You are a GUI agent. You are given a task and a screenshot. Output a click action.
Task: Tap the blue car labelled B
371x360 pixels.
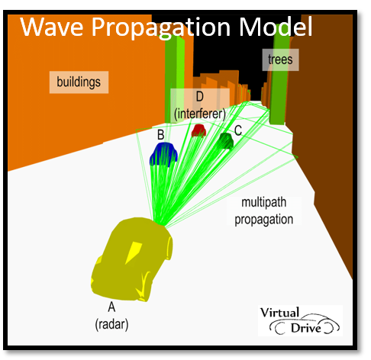click(x=163, y=154)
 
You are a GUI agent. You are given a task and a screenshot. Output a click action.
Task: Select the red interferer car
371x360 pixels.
click(x=198, y=130)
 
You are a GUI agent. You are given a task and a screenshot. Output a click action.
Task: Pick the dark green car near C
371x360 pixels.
click(x=226, y=140)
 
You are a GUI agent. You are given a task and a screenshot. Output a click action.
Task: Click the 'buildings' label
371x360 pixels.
click(x=79, y=82)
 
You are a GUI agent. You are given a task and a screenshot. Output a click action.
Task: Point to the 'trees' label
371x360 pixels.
click(x=280, y=59)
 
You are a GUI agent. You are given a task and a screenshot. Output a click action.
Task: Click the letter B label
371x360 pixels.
click(x=160, y=135)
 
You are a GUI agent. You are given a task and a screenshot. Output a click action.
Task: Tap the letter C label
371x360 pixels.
click(x=238, y=130)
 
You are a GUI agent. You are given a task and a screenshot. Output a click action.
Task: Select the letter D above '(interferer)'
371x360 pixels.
click(x=200, y=97)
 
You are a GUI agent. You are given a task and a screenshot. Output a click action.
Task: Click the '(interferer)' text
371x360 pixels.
click(x=200, y=114)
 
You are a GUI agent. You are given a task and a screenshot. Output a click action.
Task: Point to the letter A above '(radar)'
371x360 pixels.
click(x=111, y=307)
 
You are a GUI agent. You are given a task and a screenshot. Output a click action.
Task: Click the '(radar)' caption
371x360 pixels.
click(x=111, y=324)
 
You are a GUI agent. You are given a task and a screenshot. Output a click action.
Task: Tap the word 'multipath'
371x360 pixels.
click(x=264, y=202)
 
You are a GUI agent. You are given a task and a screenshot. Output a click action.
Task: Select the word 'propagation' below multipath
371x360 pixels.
click(x=264, y=220)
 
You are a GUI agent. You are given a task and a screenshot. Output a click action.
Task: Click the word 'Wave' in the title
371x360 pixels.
click(x=52, y=27)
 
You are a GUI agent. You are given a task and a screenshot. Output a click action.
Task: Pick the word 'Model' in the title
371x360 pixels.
click(x=276, y=27)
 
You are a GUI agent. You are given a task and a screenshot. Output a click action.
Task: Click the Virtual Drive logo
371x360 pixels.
click(x=300, y=320)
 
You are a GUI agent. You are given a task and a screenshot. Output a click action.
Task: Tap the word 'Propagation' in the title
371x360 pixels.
click(x=161, y=28)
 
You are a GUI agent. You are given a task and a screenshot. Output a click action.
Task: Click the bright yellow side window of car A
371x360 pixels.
click(x=134, y=252)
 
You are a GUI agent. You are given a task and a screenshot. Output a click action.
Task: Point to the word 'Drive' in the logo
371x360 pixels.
click(x=306, y=328)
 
